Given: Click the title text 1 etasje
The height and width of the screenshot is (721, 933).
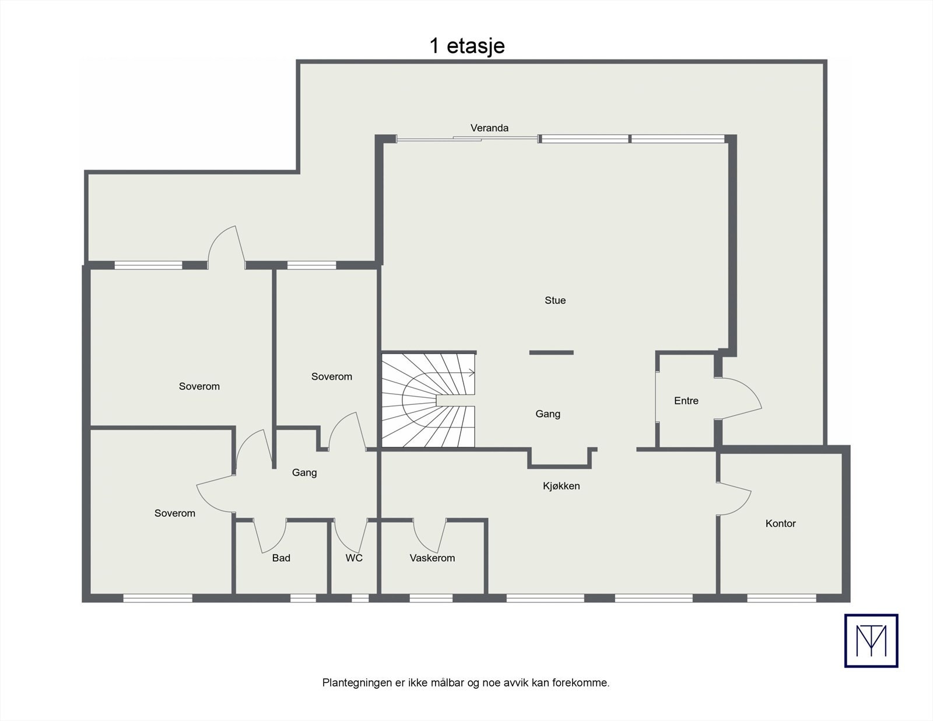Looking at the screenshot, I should click(466, 46).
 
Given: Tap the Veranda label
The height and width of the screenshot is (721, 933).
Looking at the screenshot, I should click(489, 128).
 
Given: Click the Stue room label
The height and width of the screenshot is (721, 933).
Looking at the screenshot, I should click(555, 300).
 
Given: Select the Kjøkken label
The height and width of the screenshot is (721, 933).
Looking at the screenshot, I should click(561, 486).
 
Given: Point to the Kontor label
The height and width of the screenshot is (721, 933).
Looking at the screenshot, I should click(780, 523).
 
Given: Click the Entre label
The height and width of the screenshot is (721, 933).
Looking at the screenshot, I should click(686, 401).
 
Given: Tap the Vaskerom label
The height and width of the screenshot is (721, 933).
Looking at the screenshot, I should click(432, 558).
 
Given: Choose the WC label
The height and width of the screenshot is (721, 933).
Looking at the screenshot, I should click(354, 558).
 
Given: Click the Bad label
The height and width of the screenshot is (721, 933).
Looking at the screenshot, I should click(281, 558).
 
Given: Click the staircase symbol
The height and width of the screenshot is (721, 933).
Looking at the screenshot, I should click(429, 400).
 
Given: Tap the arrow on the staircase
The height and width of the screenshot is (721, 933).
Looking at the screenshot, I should click(471, 372).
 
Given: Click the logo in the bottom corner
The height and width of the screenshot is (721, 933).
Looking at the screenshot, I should click(871, 640).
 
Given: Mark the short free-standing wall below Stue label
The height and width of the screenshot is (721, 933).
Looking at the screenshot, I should click(551, 352).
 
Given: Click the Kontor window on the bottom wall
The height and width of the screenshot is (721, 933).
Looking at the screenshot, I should click(781, 598).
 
